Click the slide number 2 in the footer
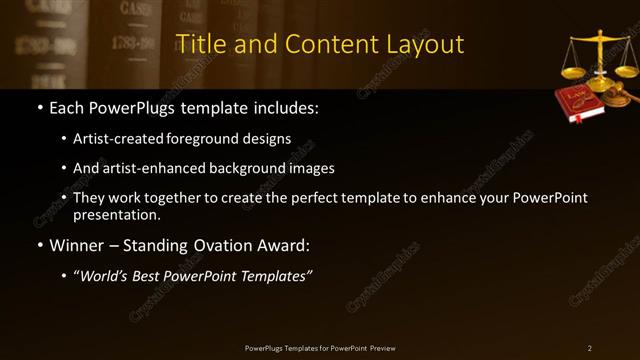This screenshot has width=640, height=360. (590, 347)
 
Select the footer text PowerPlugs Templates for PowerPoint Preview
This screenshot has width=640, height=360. (320, 347)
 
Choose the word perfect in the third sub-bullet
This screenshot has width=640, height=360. (328, 198)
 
